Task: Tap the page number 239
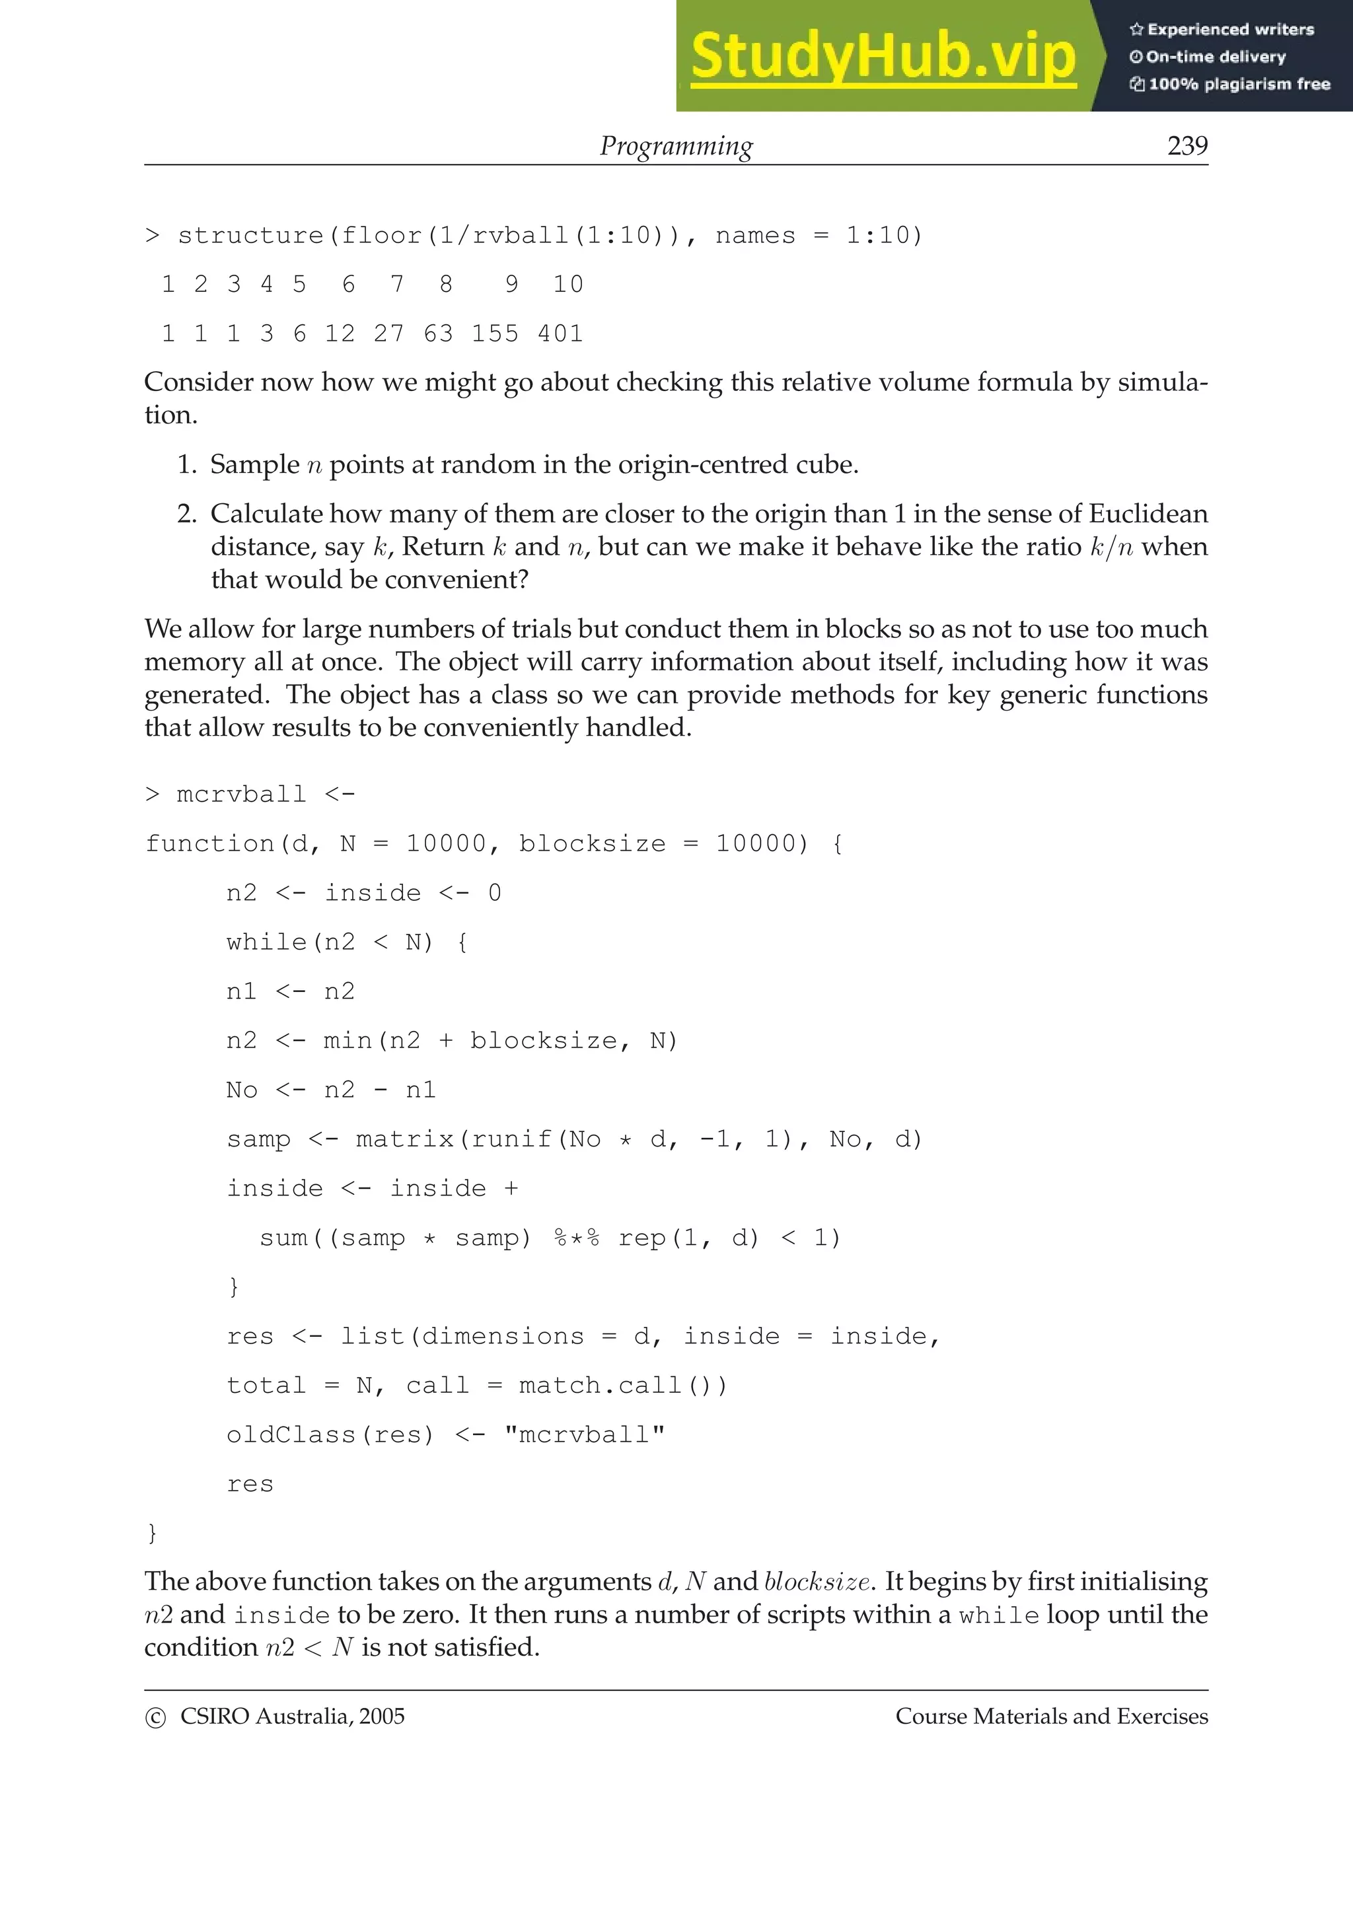pos(1187,146)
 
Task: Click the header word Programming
pos(676,146)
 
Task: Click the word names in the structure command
pos(755,236)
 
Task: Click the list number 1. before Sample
pos(187,464)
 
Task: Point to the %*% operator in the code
pos(576,1238)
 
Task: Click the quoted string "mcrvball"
pos(585,1435)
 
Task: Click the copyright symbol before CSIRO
pos(155,1717)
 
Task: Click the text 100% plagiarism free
pos(1239,84)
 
